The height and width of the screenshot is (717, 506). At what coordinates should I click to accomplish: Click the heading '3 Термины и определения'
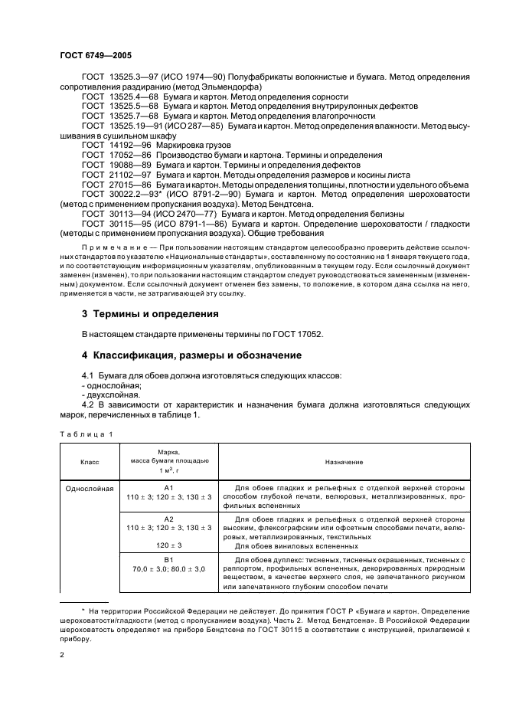tap(150, 314)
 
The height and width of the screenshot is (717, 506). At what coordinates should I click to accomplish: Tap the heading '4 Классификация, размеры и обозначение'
tap(192, 355)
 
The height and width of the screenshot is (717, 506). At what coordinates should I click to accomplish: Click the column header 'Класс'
tap(90, 463)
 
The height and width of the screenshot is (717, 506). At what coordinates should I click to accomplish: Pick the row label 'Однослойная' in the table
tap(90, 487)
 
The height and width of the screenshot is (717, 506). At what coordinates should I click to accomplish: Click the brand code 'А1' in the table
tap(169, 487)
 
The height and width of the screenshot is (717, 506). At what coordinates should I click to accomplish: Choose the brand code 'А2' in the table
tap(169, 518)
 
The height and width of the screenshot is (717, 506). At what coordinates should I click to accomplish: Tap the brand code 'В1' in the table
tap(169, 559)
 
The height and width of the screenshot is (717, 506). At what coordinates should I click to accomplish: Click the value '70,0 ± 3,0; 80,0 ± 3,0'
tap(169, 569)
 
